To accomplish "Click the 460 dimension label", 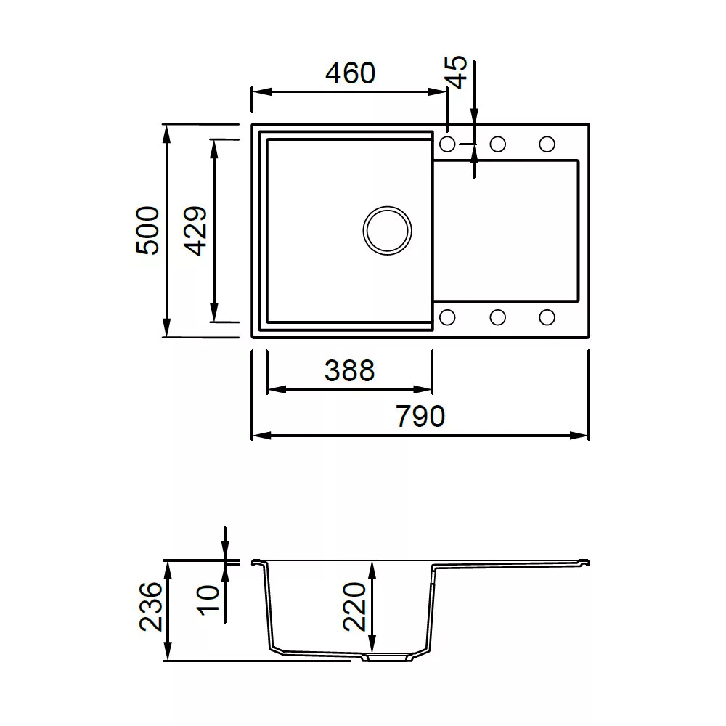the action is [350, 73].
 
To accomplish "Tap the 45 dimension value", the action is [456, 72].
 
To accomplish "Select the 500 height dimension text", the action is [147, 230].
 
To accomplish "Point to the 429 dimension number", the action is [195, 231].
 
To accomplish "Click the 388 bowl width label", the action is [350, 370].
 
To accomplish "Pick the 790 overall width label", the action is [420, 416].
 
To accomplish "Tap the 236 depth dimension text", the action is [150, 606].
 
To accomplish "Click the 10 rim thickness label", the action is [208, 600].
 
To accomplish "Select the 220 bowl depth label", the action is [354, 606].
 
